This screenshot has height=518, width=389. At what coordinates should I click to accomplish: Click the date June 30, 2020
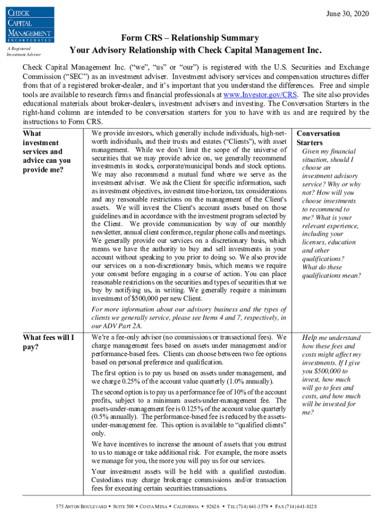tap(348, 13)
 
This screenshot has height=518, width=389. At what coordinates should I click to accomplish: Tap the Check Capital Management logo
tap(29, 23)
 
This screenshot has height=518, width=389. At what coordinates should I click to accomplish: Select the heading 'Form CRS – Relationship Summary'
tap(190, 38)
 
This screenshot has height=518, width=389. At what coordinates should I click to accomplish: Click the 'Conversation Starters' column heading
tap(318, 138)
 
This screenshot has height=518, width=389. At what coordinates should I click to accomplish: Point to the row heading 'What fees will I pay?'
tap(48, 342)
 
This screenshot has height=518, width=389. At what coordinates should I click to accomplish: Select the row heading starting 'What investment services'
tap(46, 151)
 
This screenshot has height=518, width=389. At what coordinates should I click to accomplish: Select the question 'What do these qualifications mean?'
tap(331, 271)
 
